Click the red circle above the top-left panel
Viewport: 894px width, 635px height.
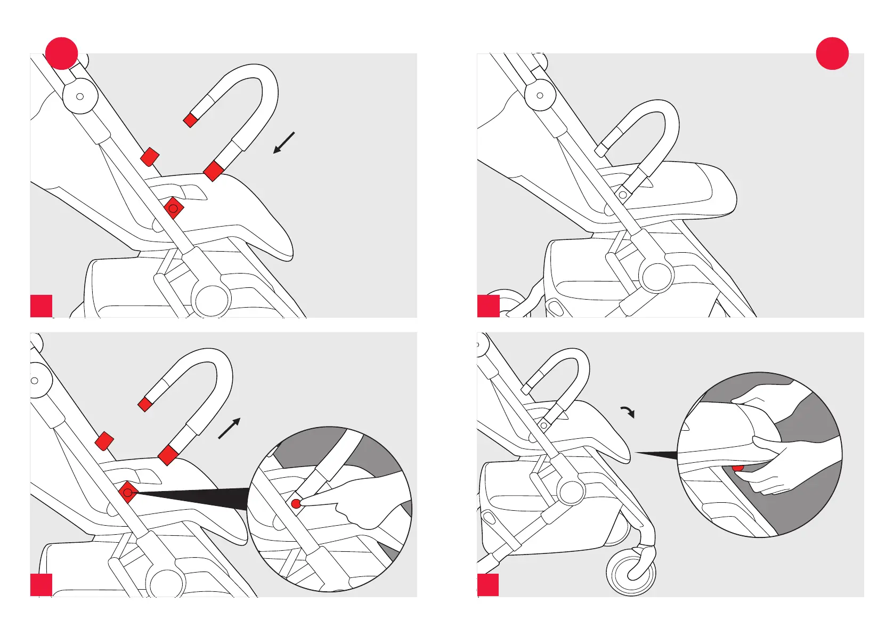coord(62,53)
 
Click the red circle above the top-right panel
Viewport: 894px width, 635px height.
coord(832,53)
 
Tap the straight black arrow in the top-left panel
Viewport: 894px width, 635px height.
coord(284,142)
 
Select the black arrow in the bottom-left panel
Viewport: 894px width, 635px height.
coord(230,428)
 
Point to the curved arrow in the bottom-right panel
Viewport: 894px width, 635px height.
coord(628,412)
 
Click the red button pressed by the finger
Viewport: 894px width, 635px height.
coord(296,503)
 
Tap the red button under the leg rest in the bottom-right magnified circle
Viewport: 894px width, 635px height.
coord(738,468)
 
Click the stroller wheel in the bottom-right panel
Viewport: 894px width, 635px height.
coord(631,574)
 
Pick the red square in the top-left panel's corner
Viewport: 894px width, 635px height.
coord(41,306)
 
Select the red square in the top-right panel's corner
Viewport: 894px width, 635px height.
coord(488,306)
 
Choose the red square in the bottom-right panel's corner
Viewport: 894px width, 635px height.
coord(488,585)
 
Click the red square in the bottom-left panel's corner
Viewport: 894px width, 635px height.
coord(41,585)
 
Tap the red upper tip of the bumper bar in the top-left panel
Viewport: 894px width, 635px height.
coord(190,120)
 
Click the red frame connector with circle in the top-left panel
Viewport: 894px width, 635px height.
coord(173,208)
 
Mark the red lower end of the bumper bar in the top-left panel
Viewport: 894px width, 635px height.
coord(214,171)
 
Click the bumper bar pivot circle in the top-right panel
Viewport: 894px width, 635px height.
coord(622,195)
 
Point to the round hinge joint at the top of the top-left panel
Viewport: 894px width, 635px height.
coord(80,97)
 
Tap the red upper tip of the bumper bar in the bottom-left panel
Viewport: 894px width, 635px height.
coord(145,405)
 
